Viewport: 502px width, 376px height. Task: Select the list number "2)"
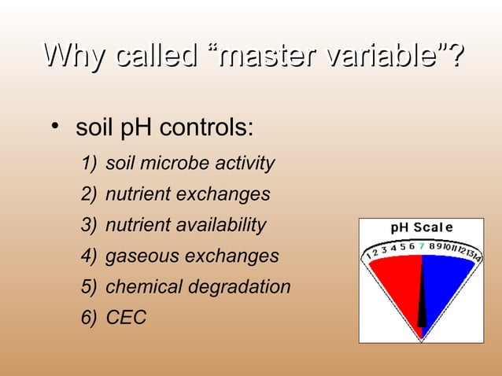[x=89, y=194]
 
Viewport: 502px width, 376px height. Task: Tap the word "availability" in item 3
[x=222, y=226]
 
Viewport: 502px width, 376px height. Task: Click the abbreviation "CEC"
[x=126, y=318]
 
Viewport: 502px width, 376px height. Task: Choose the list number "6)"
[x=89, y=318]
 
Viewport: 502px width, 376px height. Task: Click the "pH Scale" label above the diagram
[x=422, y=228]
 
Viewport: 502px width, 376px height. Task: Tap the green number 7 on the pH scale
[x=422, y=245]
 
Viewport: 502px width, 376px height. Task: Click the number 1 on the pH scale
[x=369, y=257]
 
